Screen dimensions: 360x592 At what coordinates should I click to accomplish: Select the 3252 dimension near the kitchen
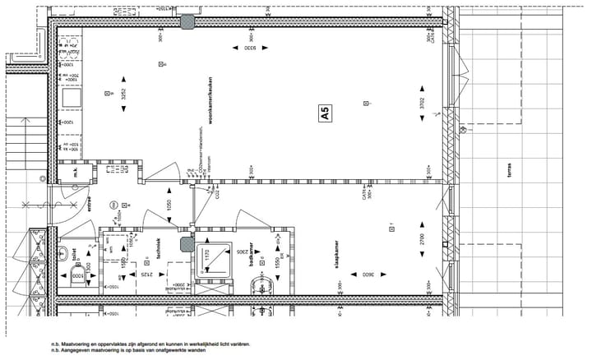pos(124,94)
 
